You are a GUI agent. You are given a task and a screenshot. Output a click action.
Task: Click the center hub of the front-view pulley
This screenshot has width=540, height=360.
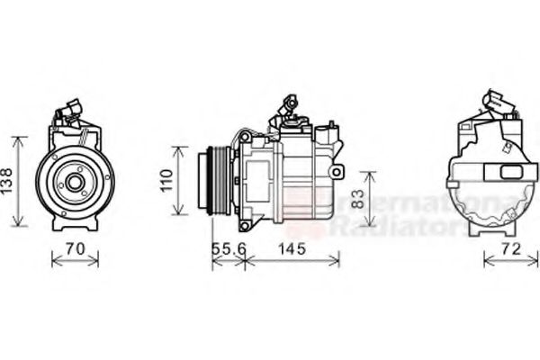[x=74, y=184]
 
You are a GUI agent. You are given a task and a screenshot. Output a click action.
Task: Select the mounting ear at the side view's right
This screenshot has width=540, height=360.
[x=336, y=170]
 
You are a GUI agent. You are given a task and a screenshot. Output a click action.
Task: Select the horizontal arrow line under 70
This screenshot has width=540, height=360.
[x=75, y=262]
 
